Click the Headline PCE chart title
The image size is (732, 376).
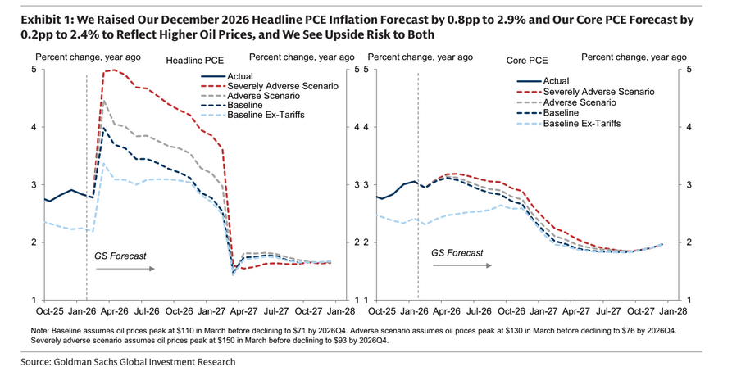[x=197, y=61]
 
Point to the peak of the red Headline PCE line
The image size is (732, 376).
[x=111, y=70]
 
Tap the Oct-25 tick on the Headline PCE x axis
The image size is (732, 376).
[x=48, y=312]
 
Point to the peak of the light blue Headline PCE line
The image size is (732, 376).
[x=102, y=163]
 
